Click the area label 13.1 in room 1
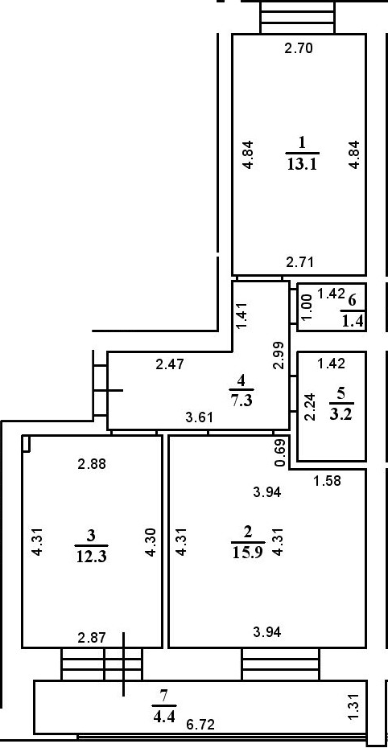[x=303, y=164]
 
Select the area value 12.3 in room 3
[x=91, y=556]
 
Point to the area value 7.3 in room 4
[x=241, y=399]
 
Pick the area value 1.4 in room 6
[x=353, y=321]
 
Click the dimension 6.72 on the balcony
[x=200, y=725]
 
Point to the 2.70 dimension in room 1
[x=299, y=47]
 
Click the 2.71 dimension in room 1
[x=299, y=262]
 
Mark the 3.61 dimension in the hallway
[x=199, y=417]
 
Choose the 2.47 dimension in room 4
[x=170, y=365]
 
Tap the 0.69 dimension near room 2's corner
[x=281, y=454]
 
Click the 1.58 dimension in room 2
[x=327, y=481]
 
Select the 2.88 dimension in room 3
[x=92, y=463]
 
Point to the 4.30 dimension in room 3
[x=150, y=543]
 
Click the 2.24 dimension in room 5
[x=310, y=406]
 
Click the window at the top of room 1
[x=298, y=17]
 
